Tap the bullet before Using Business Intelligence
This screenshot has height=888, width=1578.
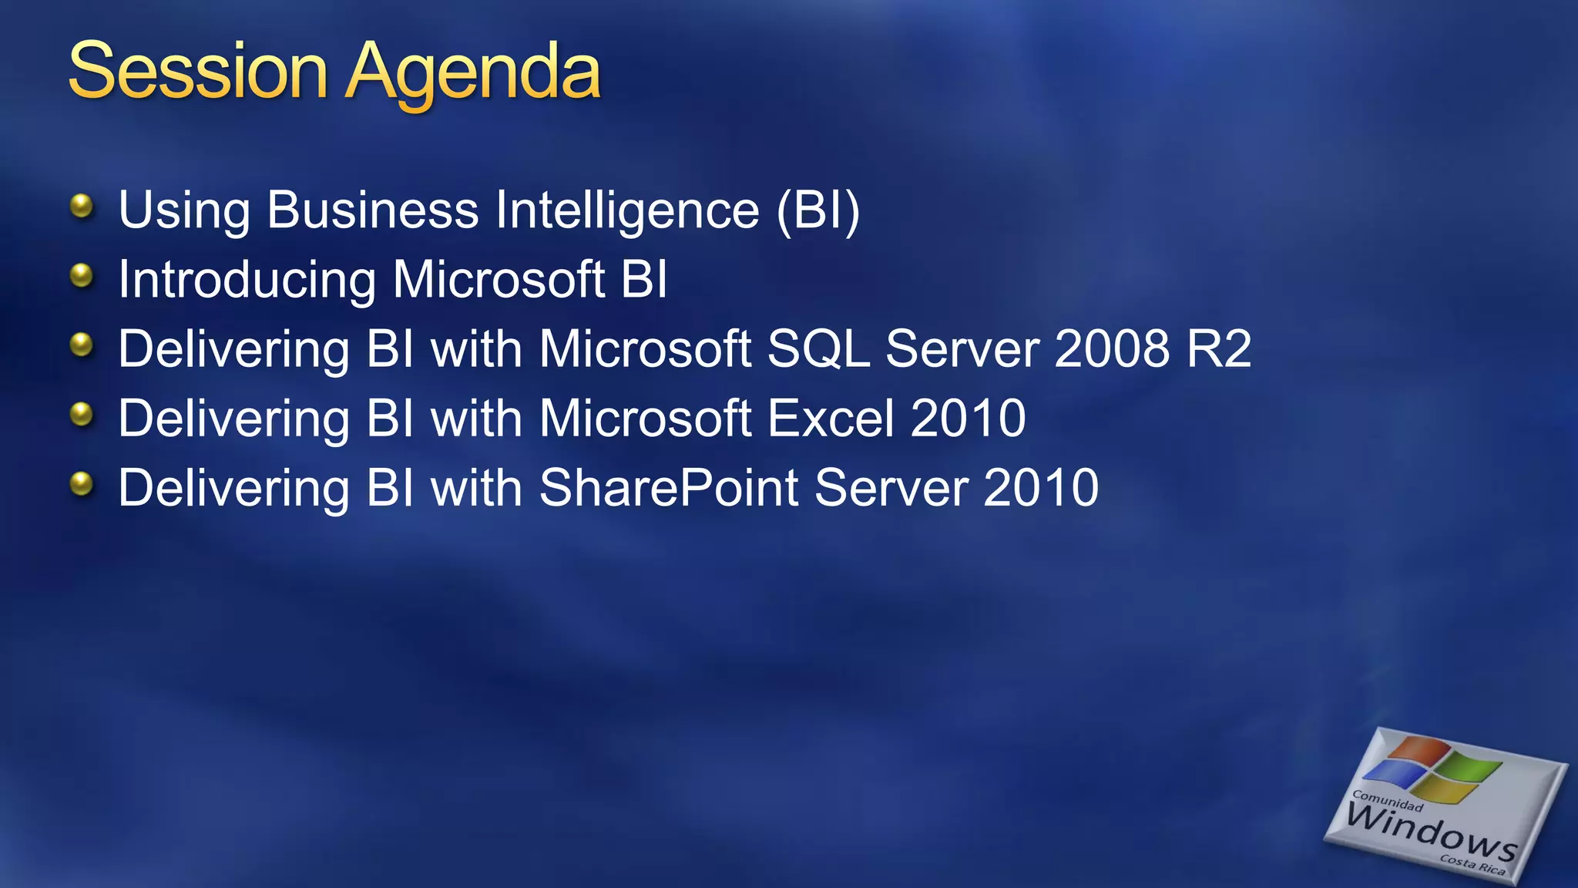tap(81, 206)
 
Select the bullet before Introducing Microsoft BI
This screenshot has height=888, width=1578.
tap(81, 275)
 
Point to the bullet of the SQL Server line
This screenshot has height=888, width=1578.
tap(81, 345)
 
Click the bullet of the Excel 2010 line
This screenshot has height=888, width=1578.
tap(81, 415)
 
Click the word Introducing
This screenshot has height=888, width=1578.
tap(247, 280)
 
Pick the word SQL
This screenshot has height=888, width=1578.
tap(818, 349)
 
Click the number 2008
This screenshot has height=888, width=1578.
tap(1112, 348)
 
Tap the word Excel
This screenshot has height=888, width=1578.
tap(831, 419)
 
